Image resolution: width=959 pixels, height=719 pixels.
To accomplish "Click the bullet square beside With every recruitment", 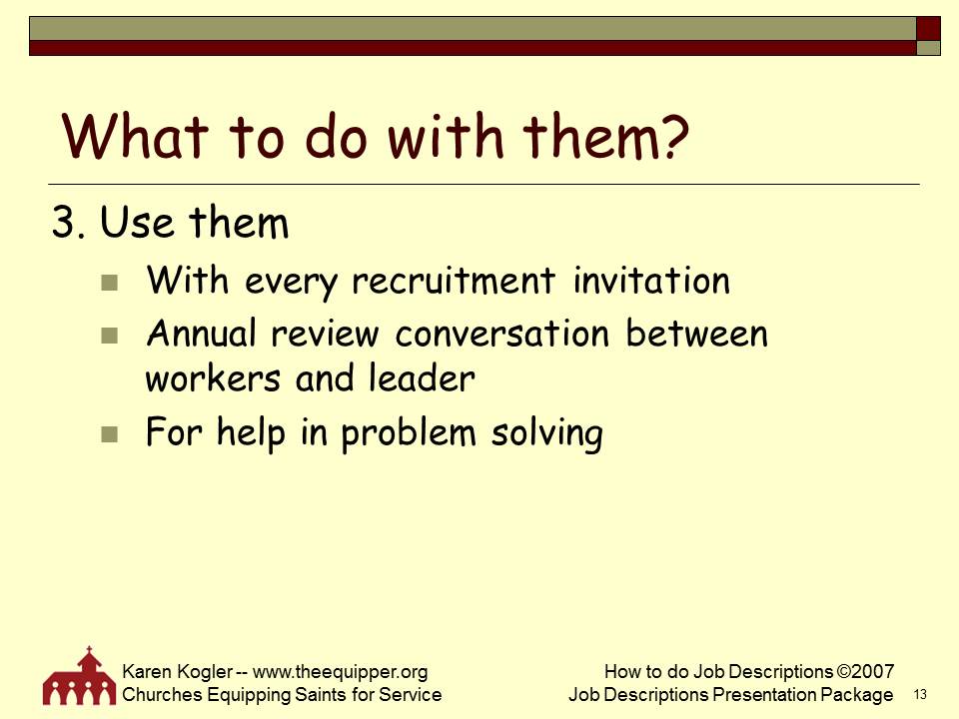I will pos(110,283).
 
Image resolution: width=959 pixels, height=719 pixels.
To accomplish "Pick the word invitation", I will pos(651,281).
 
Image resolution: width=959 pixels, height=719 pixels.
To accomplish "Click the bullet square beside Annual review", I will pos(110,335).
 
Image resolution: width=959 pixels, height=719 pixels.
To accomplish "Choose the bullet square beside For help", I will pos(110,434).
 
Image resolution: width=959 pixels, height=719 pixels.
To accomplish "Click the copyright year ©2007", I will pos(865,672).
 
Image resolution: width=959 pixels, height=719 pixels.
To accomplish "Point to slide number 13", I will pos(920,694).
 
